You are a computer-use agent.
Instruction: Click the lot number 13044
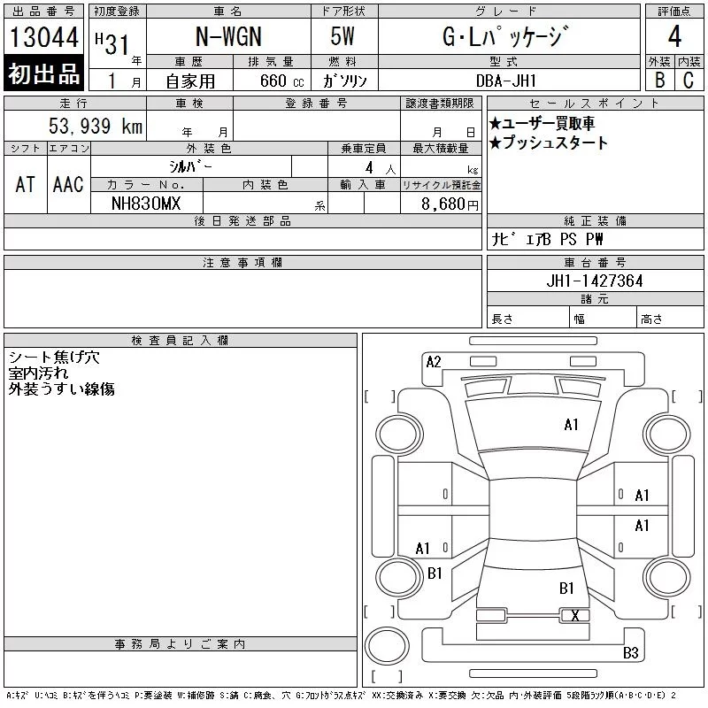(x=43, y=37)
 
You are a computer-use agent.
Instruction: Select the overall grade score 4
(x=674, y=36)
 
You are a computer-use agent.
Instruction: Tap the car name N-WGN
(x=228, y=36)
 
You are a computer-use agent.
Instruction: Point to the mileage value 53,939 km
(x=96, y=126)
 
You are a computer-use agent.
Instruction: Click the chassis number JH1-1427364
(x=594, y=281)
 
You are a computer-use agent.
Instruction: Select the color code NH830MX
(x=146, y=204)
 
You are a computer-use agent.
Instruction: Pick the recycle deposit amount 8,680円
(x=450, y=204)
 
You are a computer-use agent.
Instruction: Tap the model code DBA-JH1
(x=506, y=81)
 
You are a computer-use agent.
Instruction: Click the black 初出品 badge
(x=43, y=73)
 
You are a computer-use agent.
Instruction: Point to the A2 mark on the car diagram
(x=434, y=362)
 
